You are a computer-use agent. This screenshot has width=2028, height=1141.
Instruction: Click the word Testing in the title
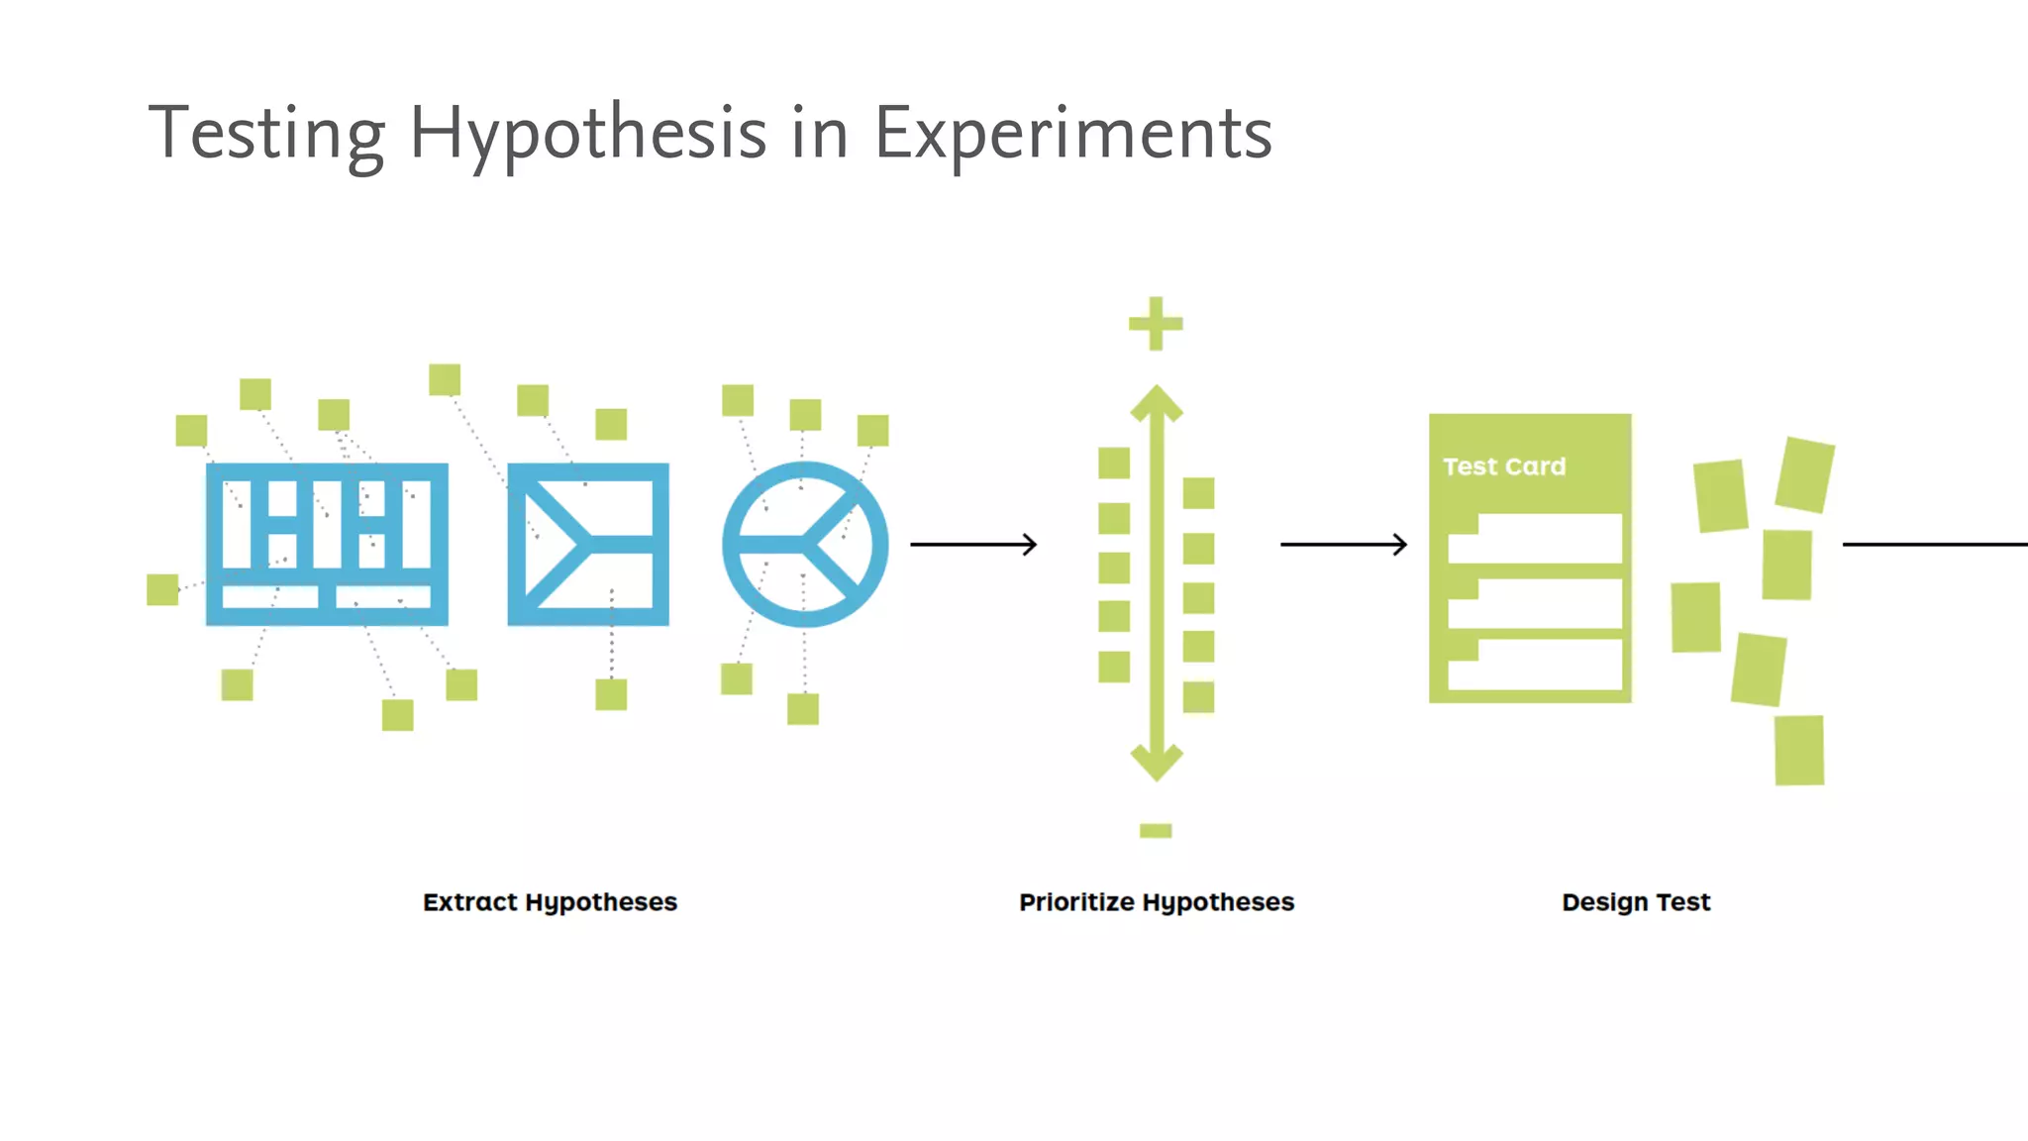pyautogui.click(x=266, y=134)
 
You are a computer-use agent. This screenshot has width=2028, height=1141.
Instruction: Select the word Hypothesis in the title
pyautogui.click(x=587, y=134)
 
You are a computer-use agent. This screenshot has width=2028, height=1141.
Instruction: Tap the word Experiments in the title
pyautogui.click(x=1072, y=134)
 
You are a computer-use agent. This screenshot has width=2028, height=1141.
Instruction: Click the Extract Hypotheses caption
pyautogui.click(x=550, y=902)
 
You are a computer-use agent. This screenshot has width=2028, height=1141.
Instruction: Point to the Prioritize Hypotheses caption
pyautogui.click(x=1157, y=902)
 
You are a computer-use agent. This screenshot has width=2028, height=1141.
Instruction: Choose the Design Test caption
pyautogui.click(x=1636, y=902)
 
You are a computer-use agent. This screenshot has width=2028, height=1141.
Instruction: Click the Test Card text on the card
pyautogui.click(x=1504, y=467)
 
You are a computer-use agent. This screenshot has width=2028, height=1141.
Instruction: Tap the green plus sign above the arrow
pyautogui.click(x=1156, y=324)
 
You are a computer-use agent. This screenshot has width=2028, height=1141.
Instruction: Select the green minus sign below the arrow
pyautogui.click(x=1156, y=831)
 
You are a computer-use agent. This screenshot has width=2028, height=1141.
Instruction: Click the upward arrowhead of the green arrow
pyautogui.click(x=1157, y=404)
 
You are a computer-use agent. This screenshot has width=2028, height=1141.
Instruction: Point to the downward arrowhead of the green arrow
pyautogui.click(x=1157, y=762)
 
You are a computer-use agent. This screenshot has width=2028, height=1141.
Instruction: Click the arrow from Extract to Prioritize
pyautogui.click(x=973, y=544)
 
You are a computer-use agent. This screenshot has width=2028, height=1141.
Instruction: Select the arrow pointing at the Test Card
pyautogui.click(x=1344, y=544)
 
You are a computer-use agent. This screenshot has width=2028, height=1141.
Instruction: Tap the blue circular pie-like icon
pyautogui.click(x=805, y=544)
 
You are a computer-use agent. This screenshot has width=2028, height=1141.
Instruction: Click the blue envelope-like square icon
pyautogui.click(x=588, y=544)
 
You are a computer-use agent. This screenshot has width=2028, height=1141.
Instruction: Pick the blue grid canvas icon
pyautogui.click(x=327, y=544)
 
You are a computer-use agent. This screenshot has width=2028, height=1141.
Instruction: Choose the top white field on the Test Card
pyautogui.click(x=1535, y=539)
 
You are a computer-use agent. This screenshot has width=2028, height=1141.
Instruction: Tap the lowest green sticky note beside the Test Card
pyautogui.click(x=1799, y=750)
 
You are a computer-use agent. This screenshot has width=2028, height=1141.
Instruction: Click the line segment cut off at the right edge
pyautogui.click(x=1935, y=544)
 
